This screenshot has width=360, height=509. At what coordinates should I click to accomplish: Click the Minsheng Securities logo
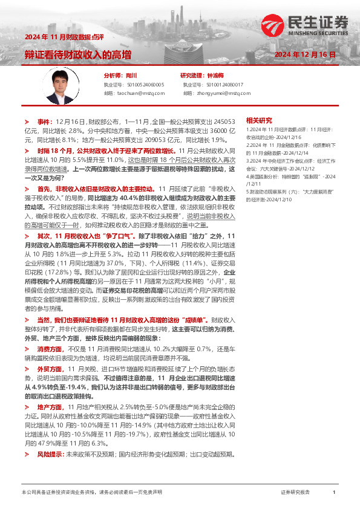pyautogui.click(x=306, y=25)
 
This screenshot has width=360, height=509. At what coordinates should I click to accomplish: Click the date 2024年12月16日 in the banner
pyautogui.click(x=305, y=55)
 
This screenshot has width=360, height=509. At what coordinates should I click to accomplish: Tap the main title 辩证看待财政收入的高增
pyautogui.click(x=77, y=55)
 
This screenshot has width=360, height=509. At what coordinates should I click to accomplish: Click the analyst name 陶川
pyautogui.click(x=131, y=76)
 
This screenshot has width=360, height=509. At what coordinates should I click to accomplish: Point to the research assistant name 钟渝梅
pyautogui.click(x=215, y=76)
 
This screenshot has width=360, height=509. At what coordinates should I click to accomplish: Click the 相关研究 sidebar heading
pyautogui.click(x=260, y=120)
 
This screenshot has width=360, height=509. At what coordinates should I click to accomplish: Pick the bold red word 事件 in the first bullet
pyautogui.click(x=45, y=121)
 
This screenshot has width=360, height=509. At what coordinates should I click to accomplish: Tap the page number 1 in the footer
pyautogui.click(x=334, y=493)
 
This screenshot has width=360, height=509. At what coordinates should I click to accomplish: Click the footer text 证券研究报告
pyautogui.click(x=295, y=493)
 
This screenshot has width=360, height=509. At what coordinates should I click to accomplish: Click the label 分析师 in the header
pyautogui.click(x=113, y=76)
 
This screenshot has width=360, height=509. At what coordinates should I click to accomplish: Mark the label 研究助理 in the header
pyautogui.click(x=192, y=76)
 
